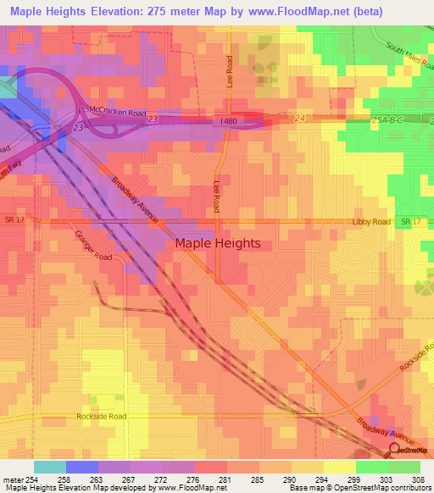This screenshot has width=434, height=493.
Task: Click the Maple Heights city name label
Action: (x=218, y=243)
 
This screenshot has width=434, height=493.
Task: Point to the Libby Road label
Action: (x=370, y=222)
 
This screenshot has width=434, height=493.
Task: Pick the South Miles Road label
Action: (x=409, y=59)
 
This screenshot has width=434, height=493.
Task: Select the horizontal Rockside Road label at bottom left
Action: (x=101, y=417)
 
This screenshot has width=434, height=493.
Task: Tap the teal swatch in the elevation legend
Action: (x=50, y=466)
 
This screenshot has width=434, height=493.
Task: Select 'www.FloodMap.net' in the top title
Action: (x=287, y=12)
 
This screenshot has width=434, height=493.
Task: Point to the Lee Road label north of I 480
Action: (x=230, y=69)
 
